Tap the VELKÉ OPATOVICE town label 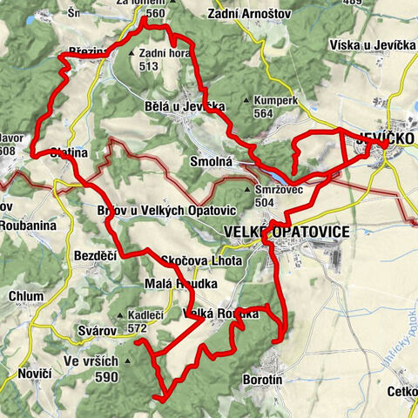coord(287,232)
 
